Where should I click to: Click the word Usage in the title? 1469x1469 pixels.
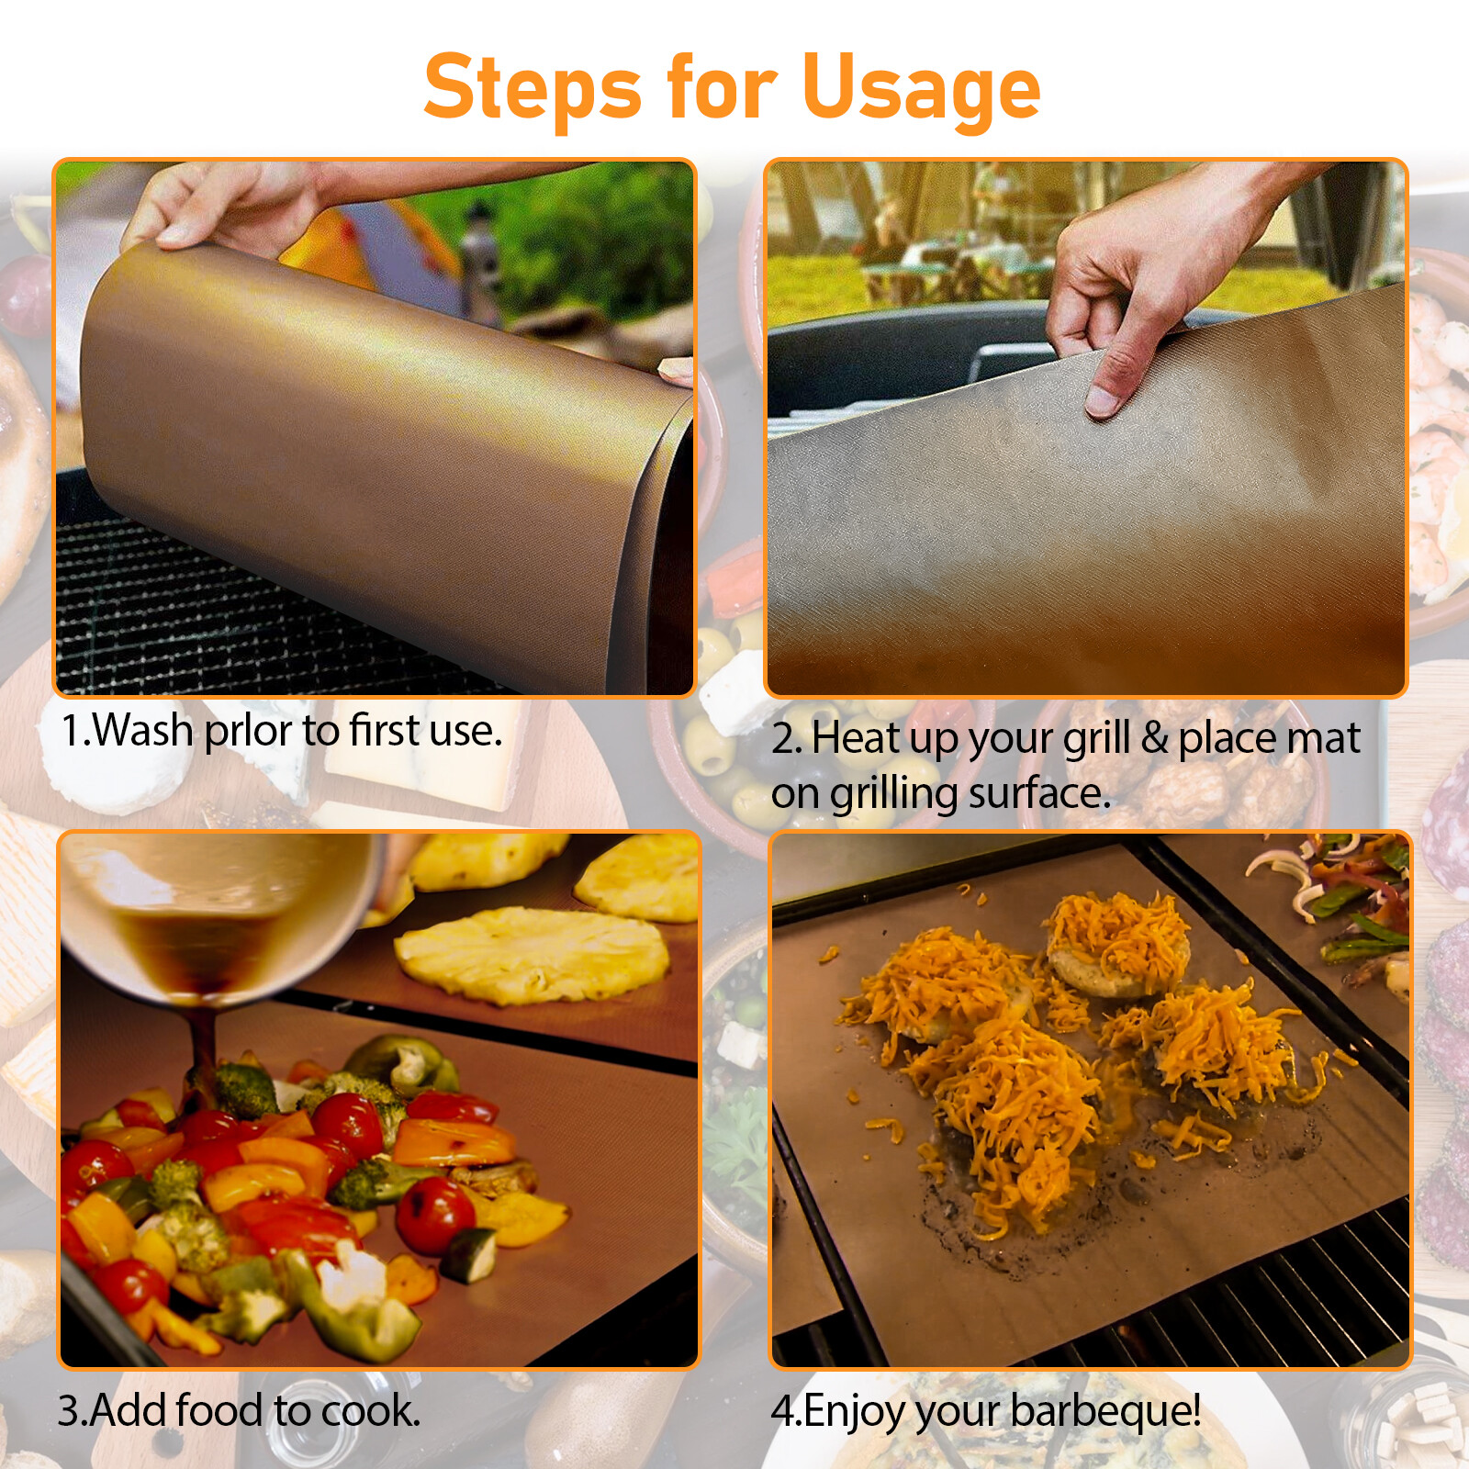point(921,87)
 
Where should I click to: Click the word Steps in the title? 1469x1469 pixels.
point(533,87)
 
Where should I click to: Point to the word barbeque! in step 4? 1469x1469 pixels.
point(1105,1411)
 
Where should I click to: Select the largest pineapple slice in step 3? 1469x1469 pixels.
point(533,955)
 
